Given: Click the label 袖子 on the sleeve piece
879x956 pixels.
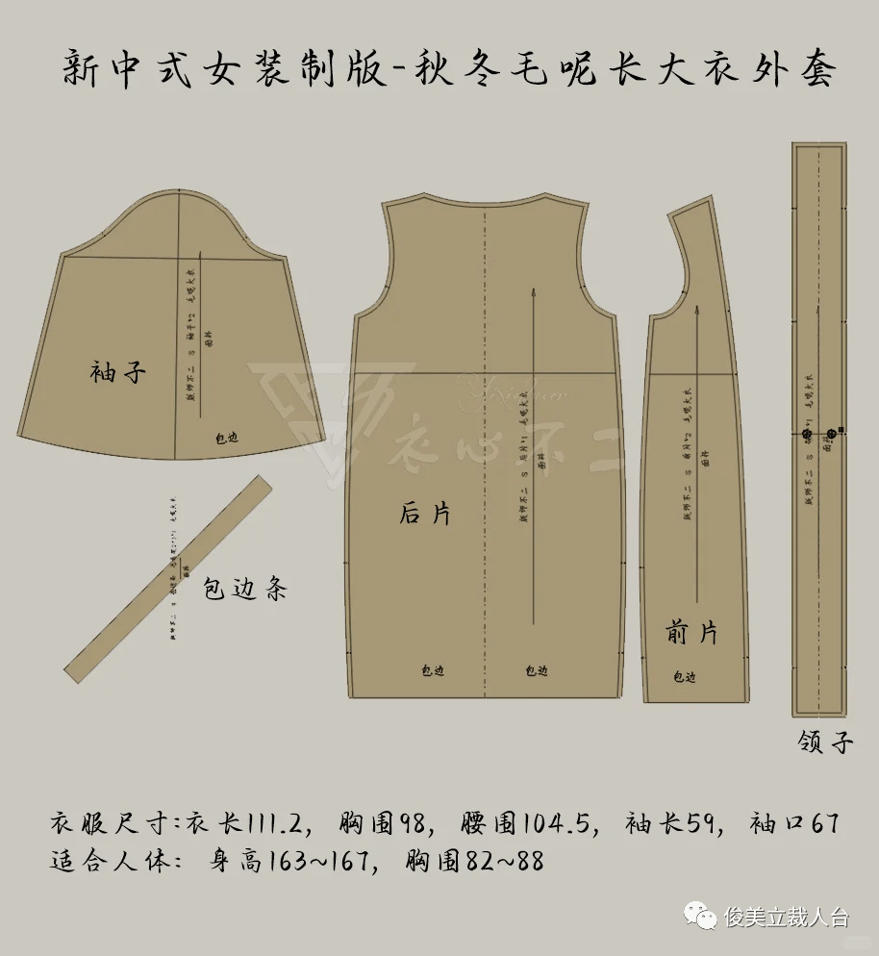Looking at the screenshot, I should pos(118,371).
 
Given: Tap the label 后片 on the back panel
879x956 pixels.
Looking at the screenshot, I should pos(425,514).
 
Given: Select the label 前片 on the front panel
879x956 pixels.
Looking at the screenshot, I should pos(691,633).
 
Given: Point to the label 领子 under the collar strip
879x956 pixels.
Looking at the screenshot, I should pos(825,742).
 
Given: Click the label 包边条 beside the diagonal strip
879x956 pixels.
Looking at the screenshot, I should pos(245,589).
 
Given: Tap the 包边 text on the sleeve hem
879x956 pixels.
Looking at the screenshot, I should pos(226,439).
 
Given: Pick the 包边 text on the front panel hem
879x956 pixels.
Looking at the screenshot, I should pos(684,677).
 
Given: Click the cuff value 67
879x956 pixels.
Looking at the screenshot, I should pos(820,825).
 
